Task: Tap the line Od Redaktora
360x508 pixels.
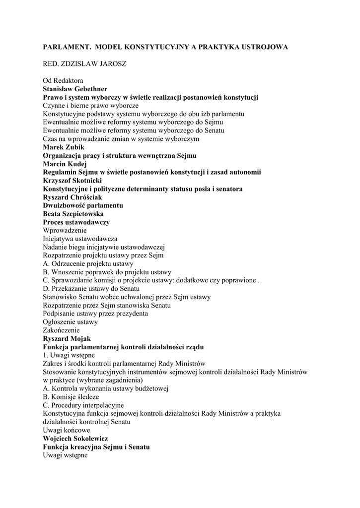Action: click(63, 80)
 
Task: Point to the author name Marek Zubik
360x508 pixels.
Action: click(64, 147)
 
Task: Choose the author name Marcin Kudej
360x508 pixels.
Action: click(65, 164)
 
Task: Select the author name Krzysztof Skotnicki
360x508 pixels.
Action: click(72, 181)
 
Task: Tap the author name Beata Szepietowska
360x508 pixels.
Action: click(73, 214)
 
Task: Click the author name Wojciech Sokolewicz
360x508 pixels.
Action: click(75, 439)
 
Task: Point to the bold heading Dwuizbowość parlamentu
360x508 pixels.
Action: click(83, 205)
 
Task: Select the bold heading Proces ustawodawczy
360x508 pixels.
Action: click(76, 222)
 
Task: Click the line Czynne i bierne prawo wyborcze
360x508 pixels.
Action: click(91, 105)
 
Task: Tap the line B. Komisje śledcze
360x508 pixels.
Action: click(71, 397)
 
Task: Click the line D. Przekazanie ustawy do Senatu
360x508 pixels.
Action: click(91, 289)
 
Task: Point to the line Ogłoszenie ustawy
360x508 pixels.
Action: click(70, 322)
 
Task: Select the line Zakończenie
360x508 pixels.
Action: click(61, 330)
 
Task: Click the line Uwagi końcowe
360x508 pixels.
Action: click(67, 430)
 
